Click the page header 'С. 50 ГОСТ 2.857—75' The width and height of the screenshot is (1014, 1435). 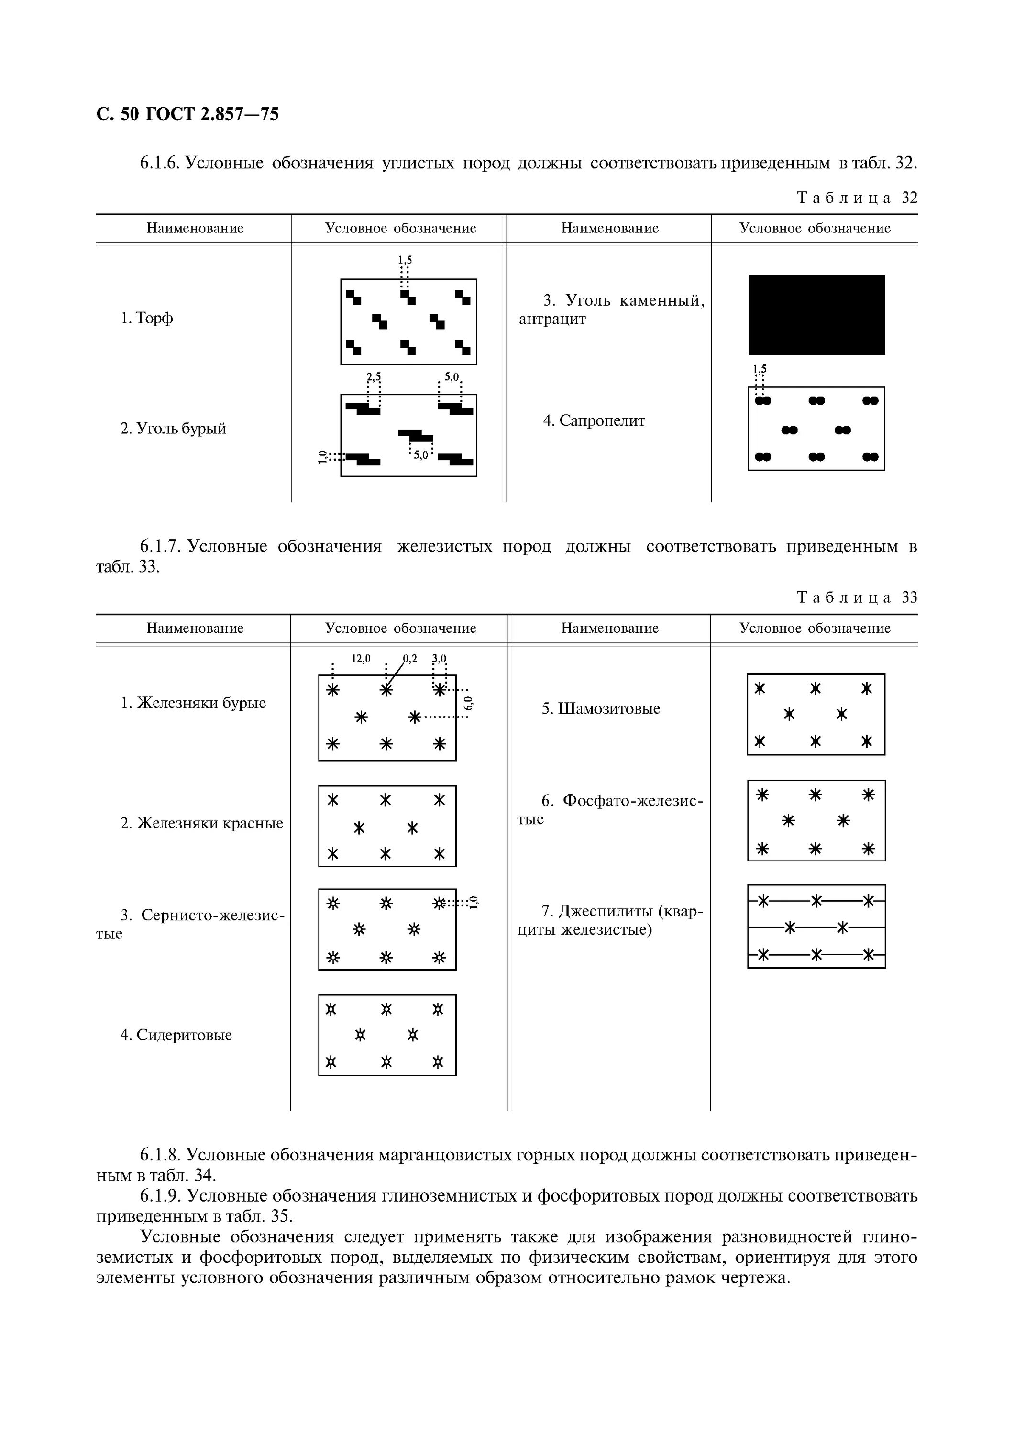click(x=187, y=114)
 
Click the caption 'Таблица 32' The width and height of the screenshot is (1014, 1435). click(x=857, y=198)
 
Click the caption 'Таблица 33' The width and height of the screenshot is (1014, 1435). click(x=857, y=597)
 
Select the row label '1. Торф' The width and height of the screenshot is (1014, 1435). click(x=147, y=318)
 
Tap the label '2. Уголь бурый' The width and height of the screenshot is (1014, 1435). click(x=173, y=429)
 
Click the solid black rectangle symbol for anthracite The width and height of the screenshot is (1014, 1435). click(x=816, y=315)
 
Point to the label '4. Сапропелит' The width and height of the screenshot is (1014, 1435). click(x=594, y=420)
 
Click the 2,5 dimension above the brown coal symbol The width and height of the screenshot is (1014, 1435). click(x=374, y=377)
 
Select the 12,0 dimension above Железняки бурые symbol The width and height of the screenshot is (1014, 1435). click(x=361, y=658)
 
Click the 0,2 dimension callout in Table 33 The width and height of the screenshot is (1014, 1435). click(x=410, y=658)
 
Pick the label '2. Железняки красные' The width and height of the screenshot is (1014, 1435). click(x=201, y=823)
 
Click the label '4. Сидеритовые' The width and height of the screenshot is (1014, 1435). click(x=176, y=1035)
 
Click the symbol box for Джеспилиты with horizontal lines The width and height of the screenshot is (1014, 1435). click(x=816, y=926)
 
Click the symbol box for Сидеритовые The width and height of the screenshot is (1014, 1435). click(x=387, y=1035)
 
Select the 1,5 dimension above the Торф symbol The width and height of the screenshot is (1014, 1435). click(x=405, y=259)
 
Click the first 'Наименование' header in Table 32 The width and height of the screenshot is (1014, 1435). click(x=195, y=228)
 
